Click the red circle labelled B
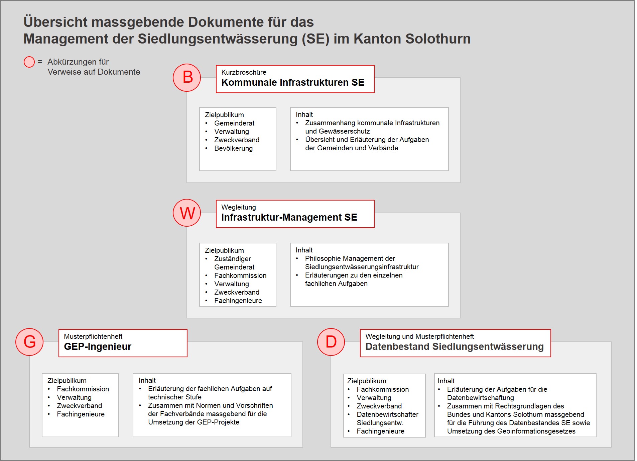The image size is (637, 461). click(187, 78)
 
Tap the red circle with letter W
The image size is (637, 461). click(187, 213)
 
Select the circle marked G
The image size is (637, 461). click(29, 342)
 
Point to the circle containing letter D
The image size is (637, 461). click(331, 342)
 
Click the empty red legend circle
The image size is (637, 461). click(29, 62)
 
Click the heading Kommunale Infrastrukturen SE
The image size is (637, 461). click(292, 82)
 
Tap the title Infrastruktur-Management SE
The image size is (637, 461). click(289, 217)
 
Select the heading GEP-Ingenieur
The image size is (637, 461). click(98, 347)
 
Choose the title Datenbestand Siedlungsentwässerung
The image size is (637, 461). click(454, 347)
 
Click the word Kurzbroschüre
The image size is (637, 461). click(244, 72)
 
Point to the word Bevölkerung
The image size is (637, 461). click(233, 148)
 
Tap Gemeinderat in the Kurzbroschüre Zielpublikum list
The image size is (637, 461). click(234, 123)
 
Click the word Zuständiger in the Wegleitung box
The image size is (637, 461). click(232, 259)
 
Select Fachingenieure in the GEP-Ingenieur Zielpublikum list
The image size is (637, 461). click(81, 414)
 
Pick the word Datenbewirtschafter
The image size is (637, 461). click(387, 414)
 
